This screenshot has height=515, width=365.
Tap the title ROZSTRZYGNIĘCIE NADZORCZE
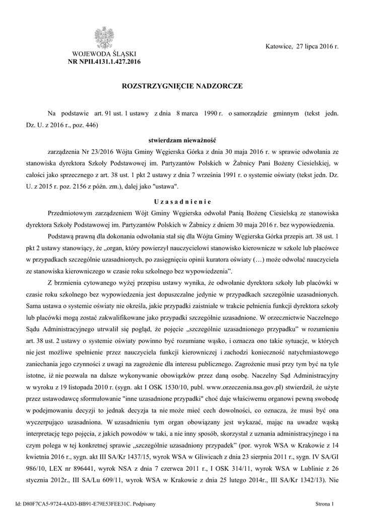pyautogui.click(x=182, y=87)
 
